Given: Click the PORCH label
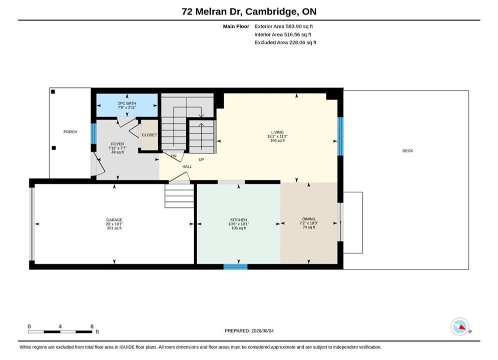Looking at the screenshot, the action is [x=70, y=131].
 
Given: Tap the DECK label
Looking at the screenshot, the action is [x=407, y=150].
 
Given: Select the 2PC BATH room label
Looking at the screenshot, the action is [x=127, y=103].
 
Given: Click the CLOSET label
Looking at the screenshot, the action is [x=149, y=135].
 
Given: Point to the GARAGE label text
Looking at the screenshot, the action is [x=114, y=220].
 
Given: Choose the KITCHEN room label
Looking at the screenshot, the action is [x=239, y=220].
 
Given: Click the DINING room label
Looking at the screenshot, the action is [x=309, y=219].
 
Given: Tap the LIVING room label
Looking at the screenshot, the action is [x=277, y=132].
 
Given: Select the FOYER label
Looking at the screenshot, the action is [x=118, y=144].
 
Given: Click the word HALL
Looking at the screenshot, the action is [x=187, y=166].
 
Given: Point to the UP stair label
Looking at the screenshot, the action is [x=201, y=159].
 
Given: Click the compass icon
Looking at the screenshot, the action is [x=459, y=326].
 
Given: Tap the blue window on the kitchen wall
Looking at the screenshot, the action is [x=235, y=266].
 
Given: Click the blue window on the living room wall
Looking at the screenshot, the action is [x=340, y=136].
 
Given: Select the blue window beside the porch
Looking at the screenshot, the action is [x=94, y=133].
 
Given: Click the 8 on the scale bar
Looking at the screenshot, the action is [x=92, y=326].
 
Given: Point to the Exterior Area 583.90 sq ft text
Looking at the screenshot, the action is [x=284, y=26].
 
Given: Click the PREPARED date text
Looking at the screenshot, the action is [x=249, y=331].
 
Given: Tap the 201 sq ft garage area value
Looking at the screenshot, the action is [x=114, y=228].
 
